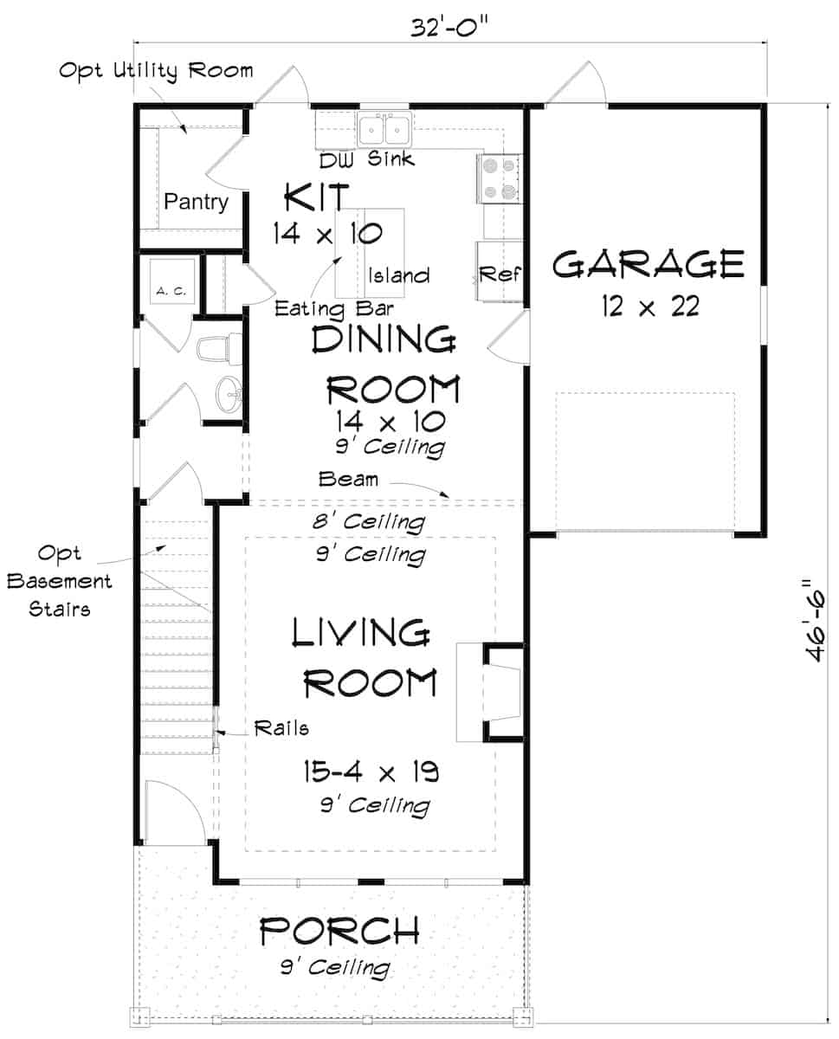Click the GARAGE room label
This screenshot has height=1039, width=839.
pos(648,264)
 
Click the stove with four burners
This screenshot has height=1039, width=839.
pos(500,178)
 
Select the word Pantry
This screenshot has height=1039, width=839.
pos(197,203)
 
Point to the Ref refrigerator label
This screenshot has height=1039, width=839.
pos(500,274)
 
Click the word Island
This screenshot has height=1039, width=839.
pos(398,276)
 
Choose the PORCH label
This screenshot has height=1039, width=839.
pos(340,932)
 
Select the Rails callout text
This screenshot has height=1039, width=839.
pos(281,728)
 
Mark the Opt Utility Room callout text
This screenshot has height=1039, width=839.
pos(156,70)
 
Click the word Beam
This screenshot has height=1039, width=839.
pos(348,479)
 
